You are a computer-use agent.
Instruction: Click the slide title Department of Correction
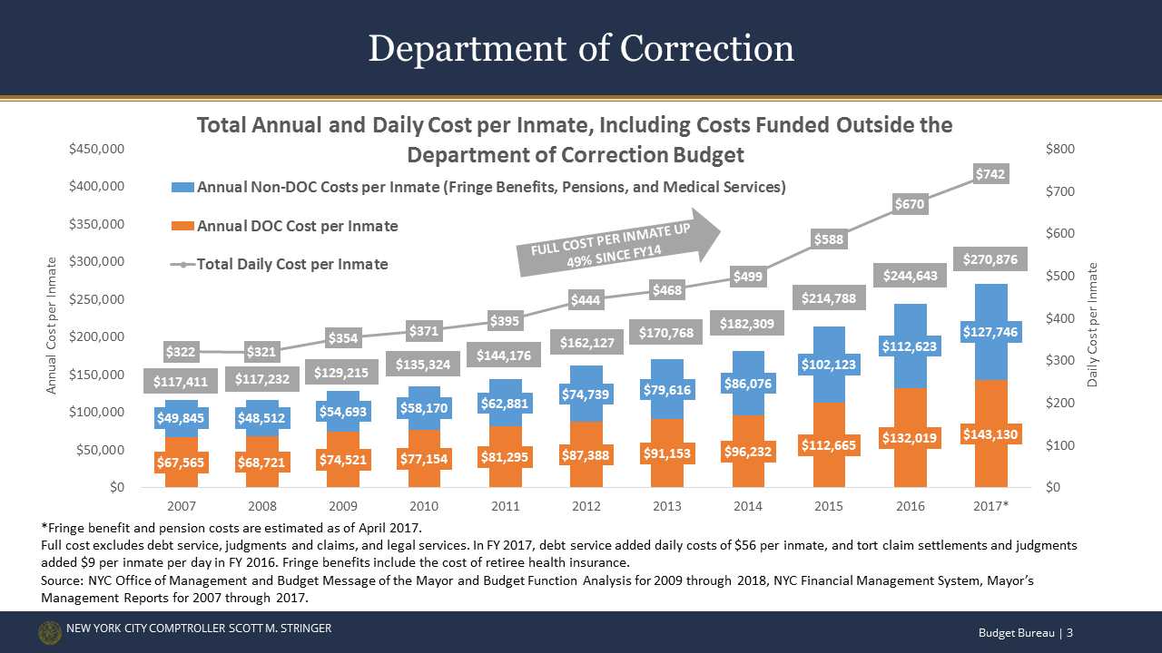tap(581, 48)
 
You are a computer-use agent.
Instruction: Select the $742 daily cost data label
tap(989, 173)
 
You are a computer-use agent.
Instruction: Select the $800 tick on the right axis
tap(1064, 149)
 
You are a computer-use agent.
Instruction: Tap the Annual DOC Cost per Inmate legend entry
tap(297, 225)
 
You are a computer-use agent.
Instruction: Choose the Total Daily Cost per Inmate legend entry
tap(291, 264)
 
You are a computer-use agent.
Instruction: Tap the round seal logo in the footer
tap(50, 633)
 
